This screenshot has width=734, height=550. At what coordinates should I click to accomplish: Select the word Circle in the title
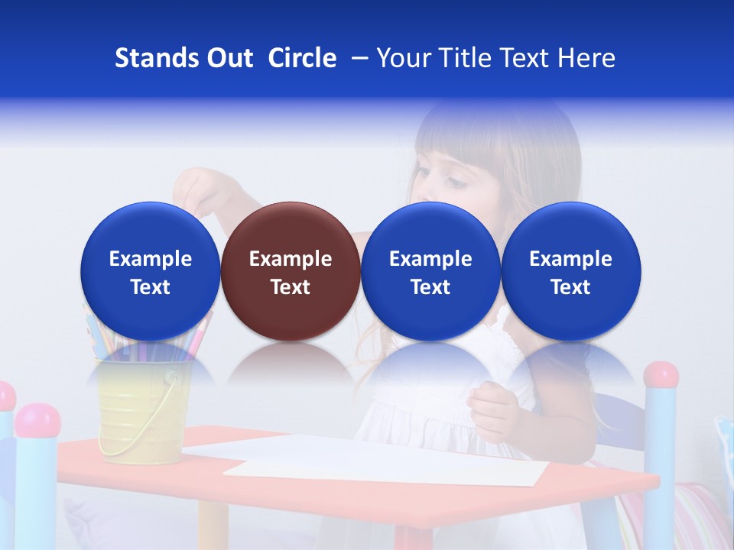(x=302, y=58)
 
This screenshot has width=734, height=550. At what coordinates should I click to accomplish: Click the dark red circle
(x=291, y=271)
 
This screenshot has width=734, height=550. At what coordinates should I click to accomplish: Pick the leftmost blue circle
(x=151, y=271)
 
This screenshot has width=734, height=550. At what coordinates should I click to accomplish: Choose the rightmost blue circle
(x=571, y=271)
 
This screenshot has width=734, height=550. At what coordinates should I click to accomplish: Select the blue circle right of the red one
(x=430, y=271)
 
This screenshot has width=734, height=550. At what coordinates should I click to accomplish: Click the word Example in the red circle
(x=291, y=259)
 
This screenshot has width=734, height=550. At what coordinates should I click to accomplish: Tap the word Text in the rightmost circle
(x=571, y=287)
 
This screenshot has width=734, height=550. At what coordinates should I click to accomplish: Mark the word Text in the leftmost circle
(x=151, y=287)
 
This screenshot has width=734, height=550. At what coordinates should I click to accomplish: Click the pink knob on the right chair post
(x=661, y=375)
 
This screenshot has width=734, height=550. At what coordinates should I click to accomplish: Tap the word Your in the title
(x=404, y=58)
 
